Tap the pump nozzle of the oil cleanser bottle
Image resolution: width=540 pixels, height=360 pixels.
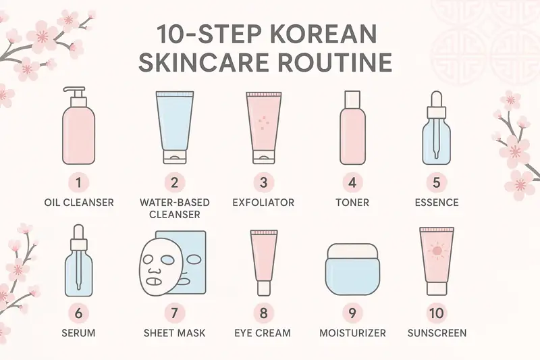[x=74, y=91]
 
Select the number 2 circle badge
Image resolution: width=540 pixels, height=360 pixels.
[x=174, y=182]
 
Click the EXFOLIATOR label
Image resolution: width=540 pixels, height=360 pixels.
[x=263, y=202]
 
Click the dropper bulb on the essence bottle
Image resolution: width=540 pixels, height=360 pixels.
[x=436, y=99]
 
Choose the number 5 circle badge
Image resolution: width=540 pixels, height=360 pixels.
[x=436, y=182]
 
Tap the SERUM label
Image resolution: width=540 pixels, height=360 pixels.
[x=78, y=333]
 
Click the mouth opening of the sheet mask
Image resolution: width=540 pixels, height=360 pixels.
[x=154, y=282]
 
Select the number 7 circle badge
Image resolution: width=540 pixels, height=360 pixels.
[x=174, y=313]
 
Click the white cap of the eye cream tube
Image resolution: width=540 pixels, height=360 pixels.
[x=264, y=288]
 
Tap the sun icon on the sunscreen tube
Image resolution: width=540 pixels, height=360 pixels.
[x=437, y=251]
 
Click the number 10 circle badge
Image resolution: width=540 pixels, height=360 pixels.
[x=436, y=313]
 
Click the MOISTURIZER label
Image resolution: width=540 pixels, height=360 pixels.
[x=352, y=333]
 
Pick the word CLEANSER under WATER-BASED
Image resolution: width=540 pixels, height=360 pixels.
[x=175, y=214]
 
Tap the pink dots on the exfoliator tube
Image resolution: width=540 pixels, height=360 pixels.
[x=263, y=122]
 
